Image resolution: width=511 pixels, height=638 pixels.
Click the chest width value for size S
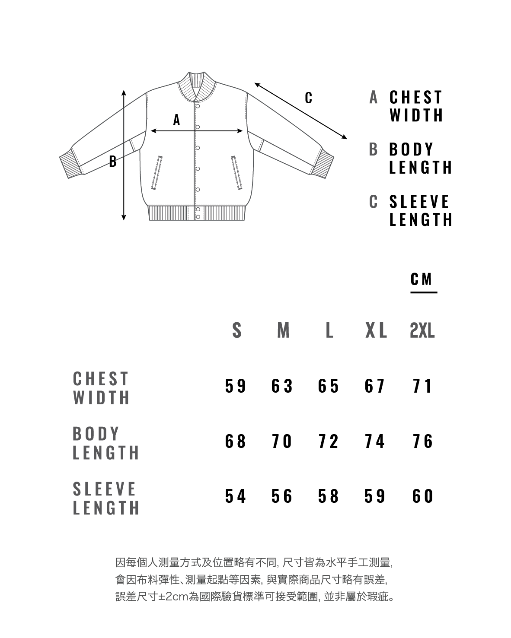(236, 386)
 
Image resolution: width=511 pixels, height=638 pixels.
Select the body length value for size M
(282, 441)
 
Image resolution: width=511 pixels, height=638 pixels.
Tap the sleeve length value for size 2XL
(422, 496)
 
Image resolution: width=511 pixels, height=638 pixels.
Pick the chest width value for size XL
(374, 386)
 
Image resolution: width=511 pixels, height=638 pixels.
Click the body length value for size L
(328, 441)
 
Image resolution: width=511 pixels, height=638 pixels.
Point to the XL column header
(376, 331)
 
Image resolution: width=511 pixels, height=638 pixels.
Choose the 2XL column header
(422, 331)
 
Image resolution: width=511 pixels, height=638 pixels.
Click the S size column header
(236, 331)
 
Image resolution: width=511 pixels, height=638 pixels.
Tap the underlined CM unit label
(422, 279)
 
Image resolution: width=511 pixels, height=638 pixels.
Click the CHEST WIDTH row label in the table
(101, 388)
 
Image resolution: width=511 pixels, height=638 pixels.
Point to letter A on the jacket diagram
(176, 120)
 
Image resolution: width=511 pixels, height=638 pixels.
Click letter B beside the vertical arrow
(113, 162)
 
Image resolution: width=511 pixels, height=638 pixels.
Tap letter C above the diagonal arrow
(308, 98)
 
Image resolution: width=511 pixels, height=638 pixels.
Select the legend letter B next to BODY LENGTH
(374, 149)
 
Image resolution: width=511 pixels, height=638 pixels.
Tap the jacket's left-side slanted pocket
(156, 173)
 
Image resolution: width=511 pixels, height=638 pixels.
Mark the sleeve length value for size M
(282, 496)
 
